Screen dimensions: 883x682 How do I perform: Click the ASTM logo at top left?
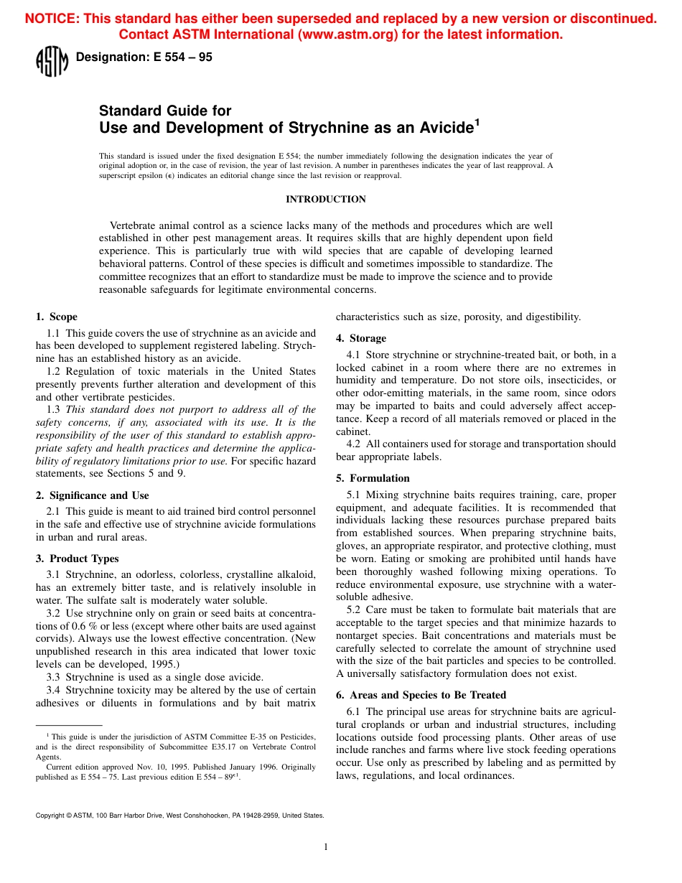pos(52,61)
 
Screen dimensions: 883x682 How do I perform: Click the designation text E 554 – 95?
pos(144,57)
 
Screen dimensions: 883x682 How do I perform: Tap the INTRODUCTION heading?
pos(326,199)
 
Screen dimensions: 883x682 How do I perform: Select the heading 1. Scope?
pos(57,317)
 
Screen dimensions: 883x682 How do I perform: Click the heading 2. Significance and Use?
pos(93,495)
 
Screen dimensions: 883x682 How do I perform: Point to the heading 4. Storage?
pos(361,338)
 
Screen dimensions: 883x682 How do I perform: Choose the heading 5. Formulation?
pos(373,478)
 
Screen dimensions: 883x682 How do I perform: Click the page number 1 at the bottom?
pos(326,847)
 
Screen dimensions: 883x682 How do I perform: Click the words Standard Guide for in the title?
pos(165,111)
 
